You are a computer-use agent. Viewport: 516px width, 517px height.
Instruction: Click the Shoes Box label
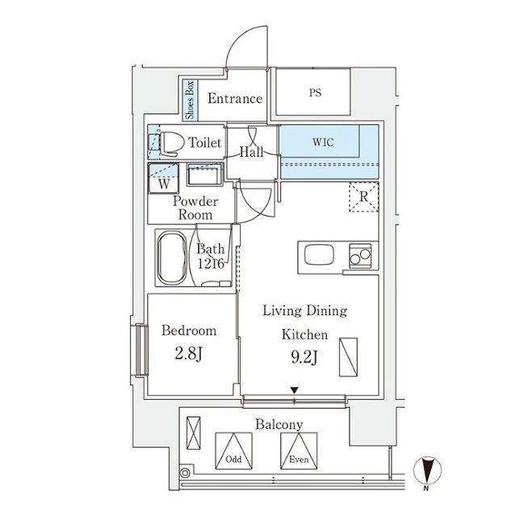point(190,100)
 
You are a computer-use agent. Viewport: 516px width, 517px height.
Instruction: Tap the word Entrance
point(235,99)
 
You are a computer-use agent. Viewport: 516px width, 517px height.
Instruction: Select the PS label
point(315,93)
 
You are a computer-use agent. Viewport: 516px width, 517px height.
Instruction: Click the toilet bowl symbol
point(171,144)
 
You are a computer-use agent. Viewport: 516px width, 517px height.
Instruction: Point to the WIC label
point(323,142)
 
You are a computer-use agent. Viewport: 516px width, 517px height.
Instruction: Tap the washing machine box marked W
point(163,178)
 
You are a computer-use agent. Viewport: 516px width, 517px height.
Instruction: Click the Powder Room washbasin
point(205,174)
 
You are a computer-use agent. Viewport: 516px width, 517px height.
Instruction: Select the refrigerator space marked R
point(363,197)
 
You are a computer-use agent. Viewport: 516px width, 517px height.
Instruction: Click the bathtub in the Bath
point(172,258)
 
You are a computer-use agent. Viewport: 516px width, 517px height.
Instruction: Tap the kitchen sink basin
point(319,255)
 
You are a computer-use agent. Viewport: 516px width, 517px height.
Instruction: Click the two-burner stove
point(360,257)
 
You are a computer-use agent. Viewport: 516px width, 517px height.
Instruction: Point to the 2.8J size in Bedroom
point(188,354)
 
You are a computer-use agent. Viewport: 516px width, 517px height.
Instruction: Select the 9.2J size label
point(304,357)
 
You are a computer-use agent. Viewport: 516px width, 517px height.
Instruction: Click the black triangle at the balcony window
point(294,390)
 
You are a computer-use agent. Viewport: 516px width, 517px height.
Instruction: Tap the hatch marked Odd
point(233,451)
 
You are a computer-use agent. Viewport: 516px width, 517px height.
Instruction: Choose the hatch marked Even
point(299,451)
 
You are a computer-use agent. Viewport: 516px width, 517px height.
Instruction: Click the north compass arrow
point(427,470)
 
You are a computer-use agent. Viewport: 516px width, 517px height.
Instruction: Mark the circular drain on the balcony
point(185,473)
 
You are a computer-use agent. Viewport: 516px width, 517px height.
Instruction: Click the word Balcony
point(279,425)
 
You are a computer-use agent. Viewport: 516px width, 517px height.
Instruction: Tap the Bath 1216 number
point(211,263)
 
